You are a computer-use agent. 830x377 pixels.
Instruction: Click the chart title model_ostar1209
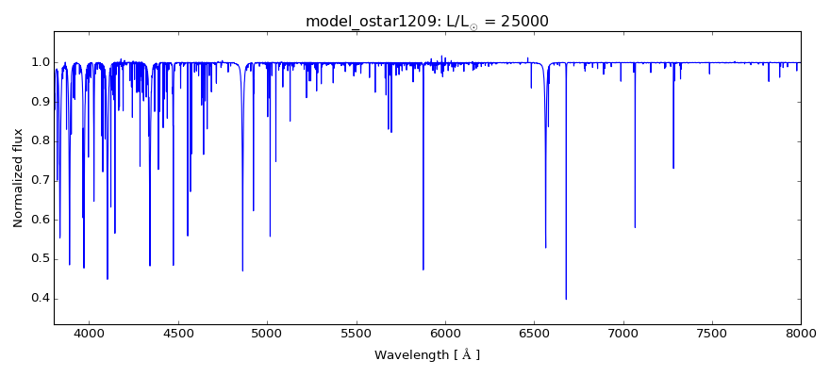(366, 21)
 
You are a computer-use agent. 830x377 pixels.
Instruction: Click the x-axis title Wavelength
(426, 355)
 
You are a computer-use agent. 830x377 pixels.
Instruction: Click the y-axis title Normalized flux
(19, 178)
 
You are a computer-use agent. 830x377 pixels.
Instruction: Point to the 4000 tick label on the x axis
(90, 333)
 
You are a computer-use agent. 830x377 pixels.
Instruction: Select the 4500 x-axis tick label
(178, 333)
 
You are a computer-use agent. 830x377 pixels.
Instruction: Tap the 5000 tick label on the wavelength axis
(267, 333)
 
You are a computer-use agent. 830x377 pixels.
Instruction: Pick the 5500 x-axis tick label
(357, 333)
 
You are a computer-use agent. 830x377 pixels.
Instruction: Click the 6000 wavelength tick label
(445, 333)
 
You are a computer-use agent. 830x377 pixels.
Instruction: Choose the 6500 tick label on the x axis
(534, 333)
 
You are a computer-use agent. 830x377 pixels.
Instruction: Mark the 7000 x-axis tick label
(623, 333)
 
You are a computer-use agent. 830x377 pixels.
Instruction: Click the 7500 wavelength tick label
(712, 333)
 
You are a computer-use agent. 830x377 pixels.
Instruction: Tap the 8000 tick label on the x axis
(801, 333)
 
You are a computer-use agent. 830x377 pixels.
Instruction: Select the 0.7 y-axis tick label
(41, 180)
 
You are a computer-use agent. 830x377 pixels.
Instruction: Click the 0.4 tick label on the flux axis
(41, 299)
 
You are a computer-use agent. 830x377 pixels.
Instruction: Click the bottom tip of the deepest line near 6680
(566, 299)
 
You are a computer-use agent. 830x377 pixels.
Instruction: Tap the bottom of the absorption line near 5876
(423, 270)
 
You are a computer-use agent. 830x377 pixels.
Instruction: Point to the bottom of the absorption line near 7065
(635, 227)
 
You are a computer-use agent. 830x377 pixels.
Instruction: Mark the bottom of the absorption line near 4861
(242, 270)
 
